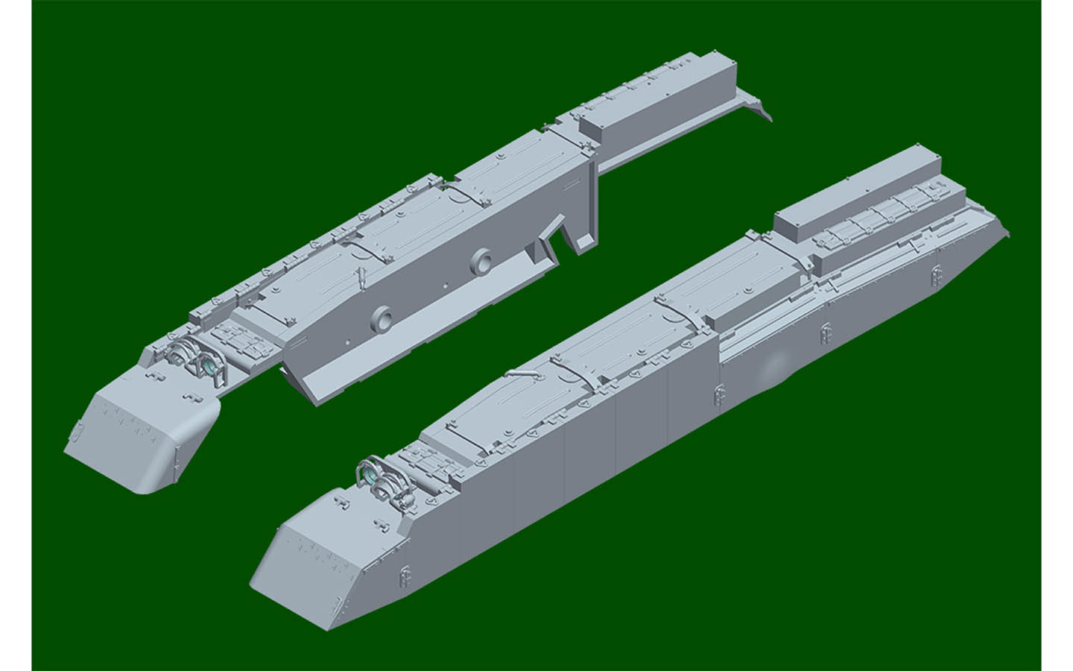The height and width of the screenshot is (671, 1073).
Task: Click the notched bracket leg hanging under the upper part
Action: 574,234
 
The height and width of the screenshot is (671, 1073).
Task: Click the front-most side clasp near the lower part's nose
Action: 404,570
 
